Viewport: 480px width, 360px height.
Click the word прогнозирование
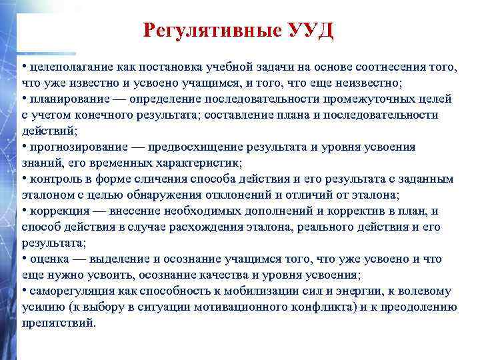[74, 147]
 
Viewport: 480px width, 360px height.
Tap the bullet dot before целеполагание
[24, 67]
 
